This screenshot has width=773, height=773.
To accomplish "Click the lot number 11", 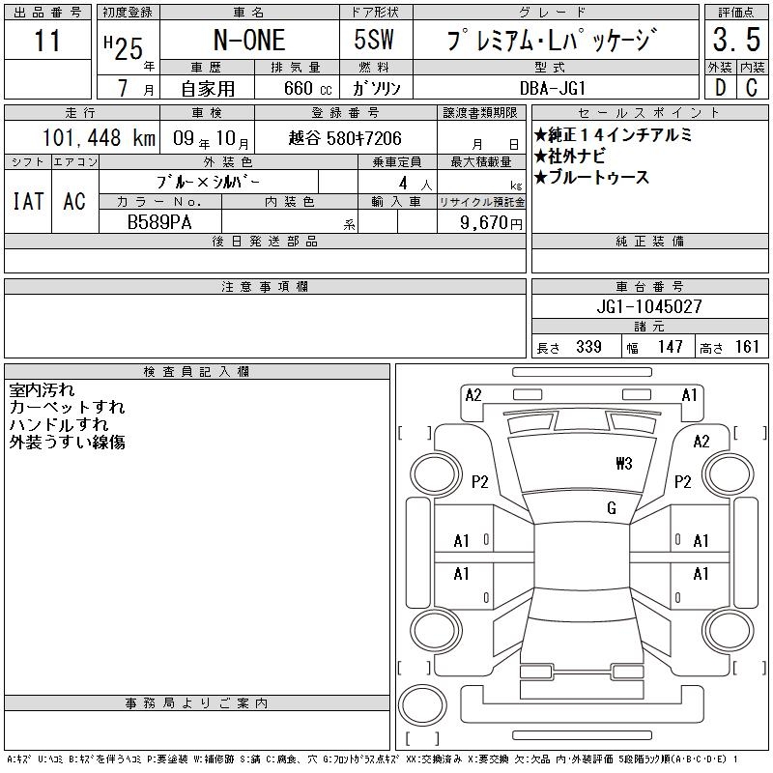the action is [x=47, y=41].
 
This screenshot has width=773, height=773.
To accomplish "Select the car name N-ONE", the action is [x=249, y=40].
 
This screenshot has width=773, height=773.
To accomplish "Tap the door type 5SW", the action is [x=374, y=40].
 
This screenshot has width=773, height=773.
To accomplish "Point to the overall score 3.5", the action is [x=736, y=40].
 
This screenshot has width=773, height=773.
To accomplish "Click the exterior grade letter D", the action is [x=720, y=88].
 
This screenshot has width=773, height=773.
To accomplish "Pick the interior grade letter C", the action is [x=752, y=88].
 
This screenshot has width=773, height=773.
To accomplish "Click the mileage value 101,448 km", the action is [x=99, y=137].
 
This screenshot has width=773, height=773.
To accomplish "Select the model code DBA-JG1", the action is [x=553, y=88].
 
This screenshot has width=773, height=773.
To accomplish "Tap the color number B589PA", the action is [x=159, y=222].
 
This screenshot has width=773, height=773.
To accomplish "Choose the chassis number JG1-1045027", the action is [x=649, y=306].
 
